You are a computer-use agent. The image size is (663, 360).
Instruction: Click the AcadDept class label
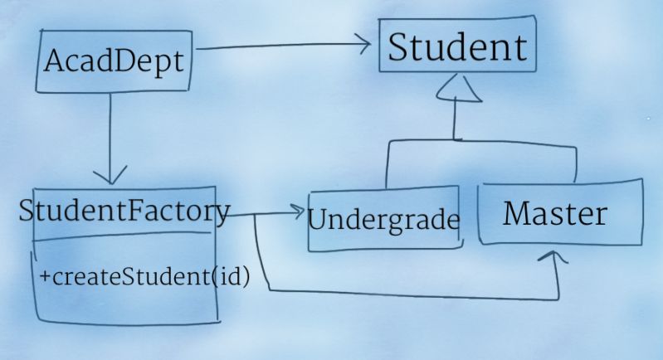point(113,61)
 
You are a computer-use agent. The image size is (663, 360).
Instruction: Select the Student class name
point(457,47)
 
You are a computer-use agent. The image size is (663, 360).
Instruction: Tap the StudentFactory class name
point(124,212)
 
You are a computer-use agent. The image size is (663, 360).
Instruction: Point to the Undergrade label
point(383,221)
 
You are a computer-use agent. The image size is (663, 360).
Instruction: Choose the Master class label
point(555,214)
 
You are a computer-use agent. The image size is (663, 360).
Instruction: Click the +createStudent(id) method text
point(144,277)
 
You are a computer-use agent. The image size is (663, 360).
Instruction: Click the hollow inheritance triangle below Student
point(456,90)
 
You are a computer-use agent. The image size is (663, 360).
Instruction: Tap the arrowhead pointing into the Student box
point(363,44)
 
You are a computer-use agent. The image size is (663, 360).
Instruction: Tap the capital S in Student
point(400,48)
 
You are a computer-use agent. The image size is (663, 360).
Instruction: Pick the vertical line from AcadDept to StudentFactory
point(110,133)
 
